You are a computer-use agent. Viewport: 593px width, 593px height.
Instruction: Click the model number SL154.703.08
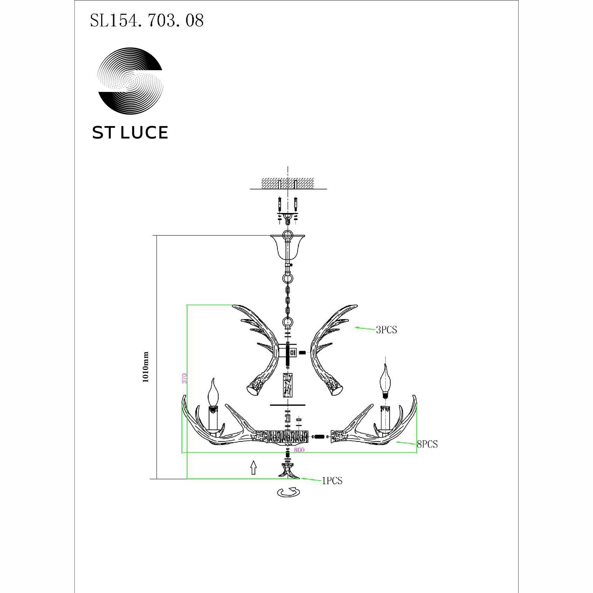[x=147, y=21]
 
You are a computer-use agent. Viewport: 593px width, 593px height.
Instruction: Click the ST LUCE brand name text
[x=130, y=133]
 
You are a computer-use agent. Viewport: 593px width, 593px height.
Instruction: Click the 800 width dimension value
[x=299, y=450]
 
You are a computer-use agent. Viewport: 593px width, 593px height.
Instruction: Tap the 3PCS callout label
[x=386, y=330]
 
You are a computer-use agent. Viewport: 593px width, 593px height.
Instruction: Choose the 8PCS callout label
[x=427, y=444]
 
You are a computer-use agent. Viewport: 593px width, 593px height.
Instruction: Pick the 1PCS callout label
[x=332, y=481]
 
